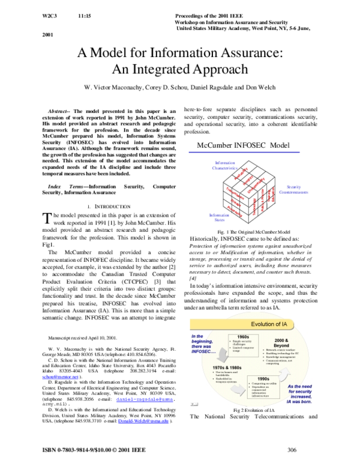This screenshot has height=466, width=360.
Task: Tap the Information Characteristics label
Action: click(226, 165)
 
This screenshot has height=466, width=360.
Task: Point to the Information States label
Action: click(219, 217)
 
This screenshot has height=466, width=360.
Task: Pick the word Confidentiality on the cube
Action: click(256, 184)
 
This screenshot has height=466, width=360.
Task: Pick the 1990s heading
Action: click(263, 380)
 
